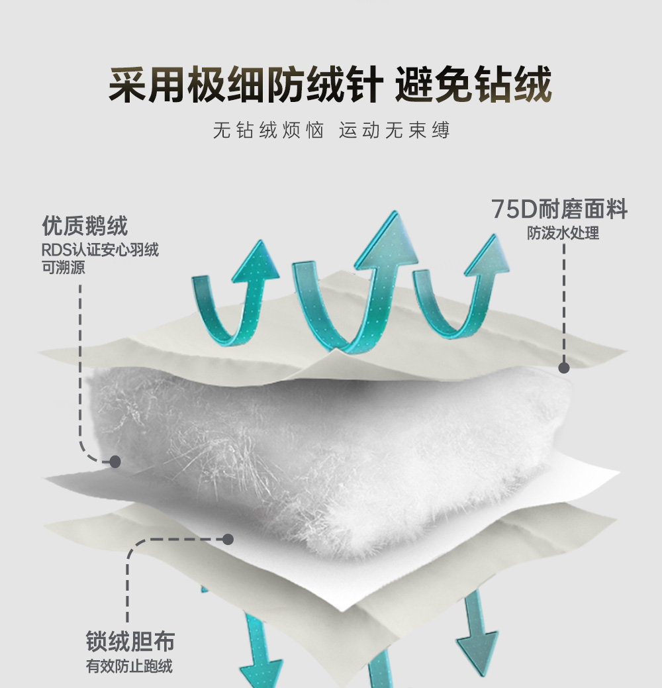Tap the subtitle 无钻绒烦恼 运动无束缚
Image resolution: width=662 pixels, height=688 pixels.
click(x=331, y=130)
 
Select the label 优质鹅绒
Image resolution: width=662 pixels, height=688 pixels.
click(x=85, y=226)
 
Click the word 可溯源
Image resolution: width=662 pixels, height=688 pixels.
click(x=63, y=268)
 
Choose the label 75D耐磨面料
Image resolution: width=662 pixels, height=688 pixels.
click(x=559, y=210)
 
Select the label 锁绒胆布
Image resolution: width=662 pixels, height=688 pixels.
click(x=130, y=641)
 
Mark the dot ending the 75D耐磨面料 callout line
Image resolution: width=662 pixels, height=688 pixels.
click(x=564, y=368)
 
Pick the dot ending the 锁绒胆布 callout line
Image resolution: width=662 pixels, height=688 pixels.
click(x=228, y=539)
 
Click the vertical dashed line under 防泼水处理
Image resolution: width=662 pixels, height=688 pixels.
click(x=564, y=305)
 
